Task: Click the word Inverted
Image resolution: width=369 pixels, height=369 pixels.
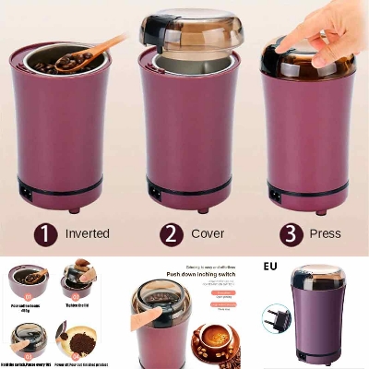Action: click(88, 233)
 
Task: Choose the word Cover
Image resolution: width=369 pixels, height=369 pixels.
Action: click(207, 233)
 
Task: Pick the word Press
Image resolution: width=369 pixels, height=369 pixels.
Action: click(324, 233)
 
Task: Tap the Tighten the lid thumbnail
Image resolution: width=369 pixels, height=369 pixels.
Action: click(77, 281)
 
